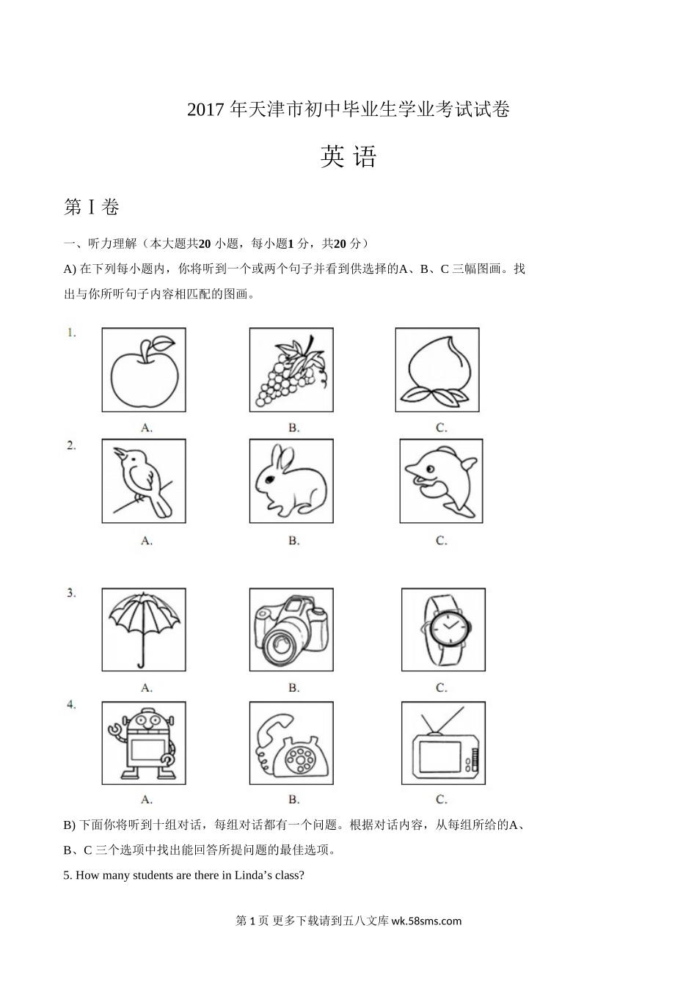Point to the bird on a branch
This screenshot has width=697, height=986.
click(144, 480)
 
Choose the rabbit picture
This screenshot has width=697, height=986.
click(291, 481)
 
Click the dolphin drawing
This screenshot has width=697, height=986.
click(440, 481)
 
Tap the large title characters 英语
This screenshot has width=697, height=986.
click(348, 157)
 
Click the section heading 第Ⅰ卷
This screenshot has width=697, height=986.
click(92, 208)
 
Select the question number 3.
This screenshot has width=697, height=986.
click(71, 594)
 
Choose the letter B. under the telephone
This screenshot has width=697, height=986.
click(293, 799)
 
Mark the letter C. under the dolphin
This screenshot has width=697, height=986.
click(441, 540)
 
